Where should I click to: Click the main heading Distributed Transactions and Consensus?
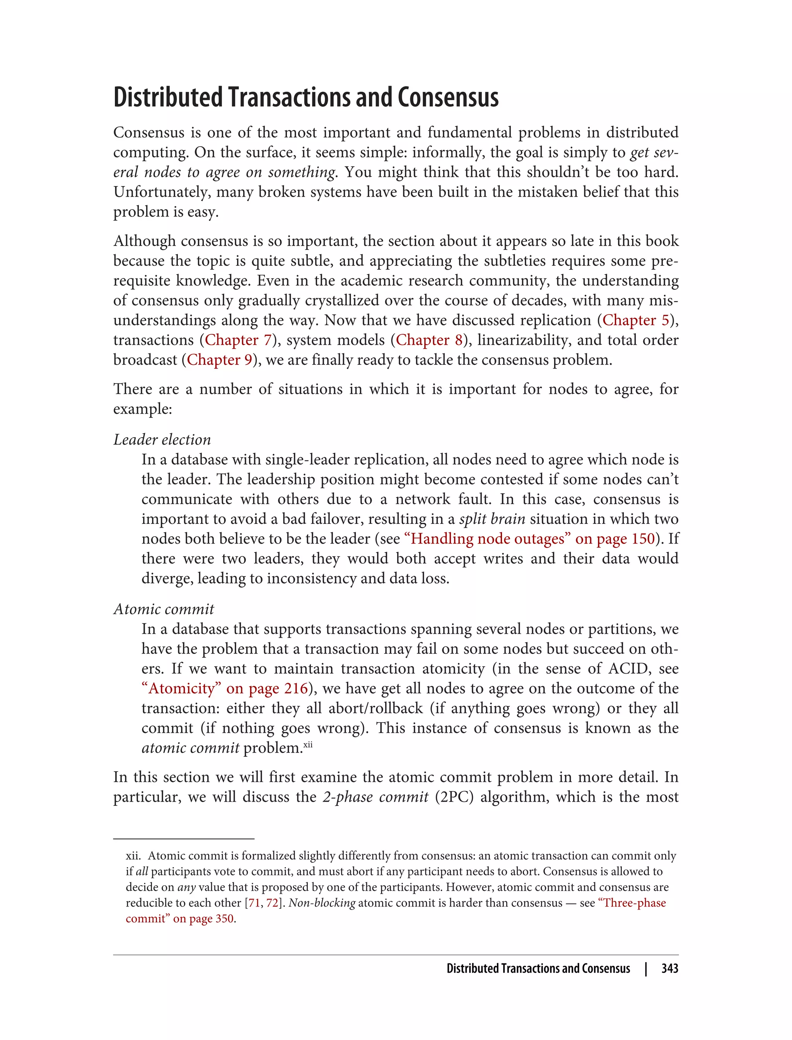(306, 97)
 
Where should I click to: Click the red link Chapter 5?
(635, 320)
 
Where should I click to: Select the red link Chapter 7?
(238, 340)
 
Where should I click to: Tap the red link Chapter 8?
(429, 340)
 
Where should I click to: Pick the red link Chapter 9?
(220, 360)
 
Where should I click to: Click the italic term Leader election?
(162, 440)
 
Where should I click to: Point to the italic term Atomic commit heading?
(164, 609)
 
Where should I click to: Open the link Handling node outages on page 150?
(529, 539)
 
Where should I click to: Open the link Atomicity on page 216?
(224, 688)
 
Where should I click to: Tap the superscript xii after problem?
(308, 745)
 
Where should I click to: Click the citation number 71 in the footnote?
(254, 903)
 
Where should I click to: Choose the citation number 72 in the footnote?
(272, 903)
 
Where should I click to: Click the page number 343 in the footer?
(669, 968)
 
